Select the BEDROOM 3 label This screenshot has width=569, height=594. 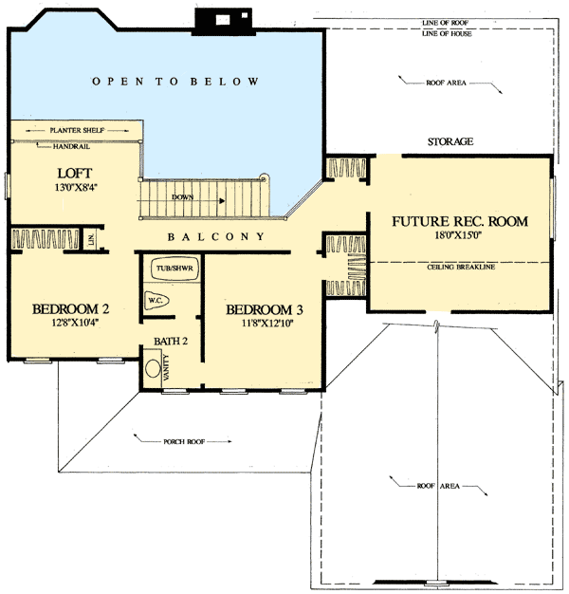pos(265,309)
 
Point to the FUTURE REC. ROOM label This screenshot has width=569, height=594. pos(459,222)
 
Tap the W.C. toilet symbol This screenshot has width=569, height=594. pos(156,301)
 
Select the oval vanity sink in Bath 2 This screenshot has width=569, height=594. pos(153,367)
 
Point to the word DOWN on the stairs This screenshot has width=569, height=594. pos(184,198)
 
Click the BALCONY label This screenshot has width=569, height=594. pos(216,236)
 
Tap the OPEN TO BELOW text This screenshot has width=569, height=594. pos(175,82)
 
